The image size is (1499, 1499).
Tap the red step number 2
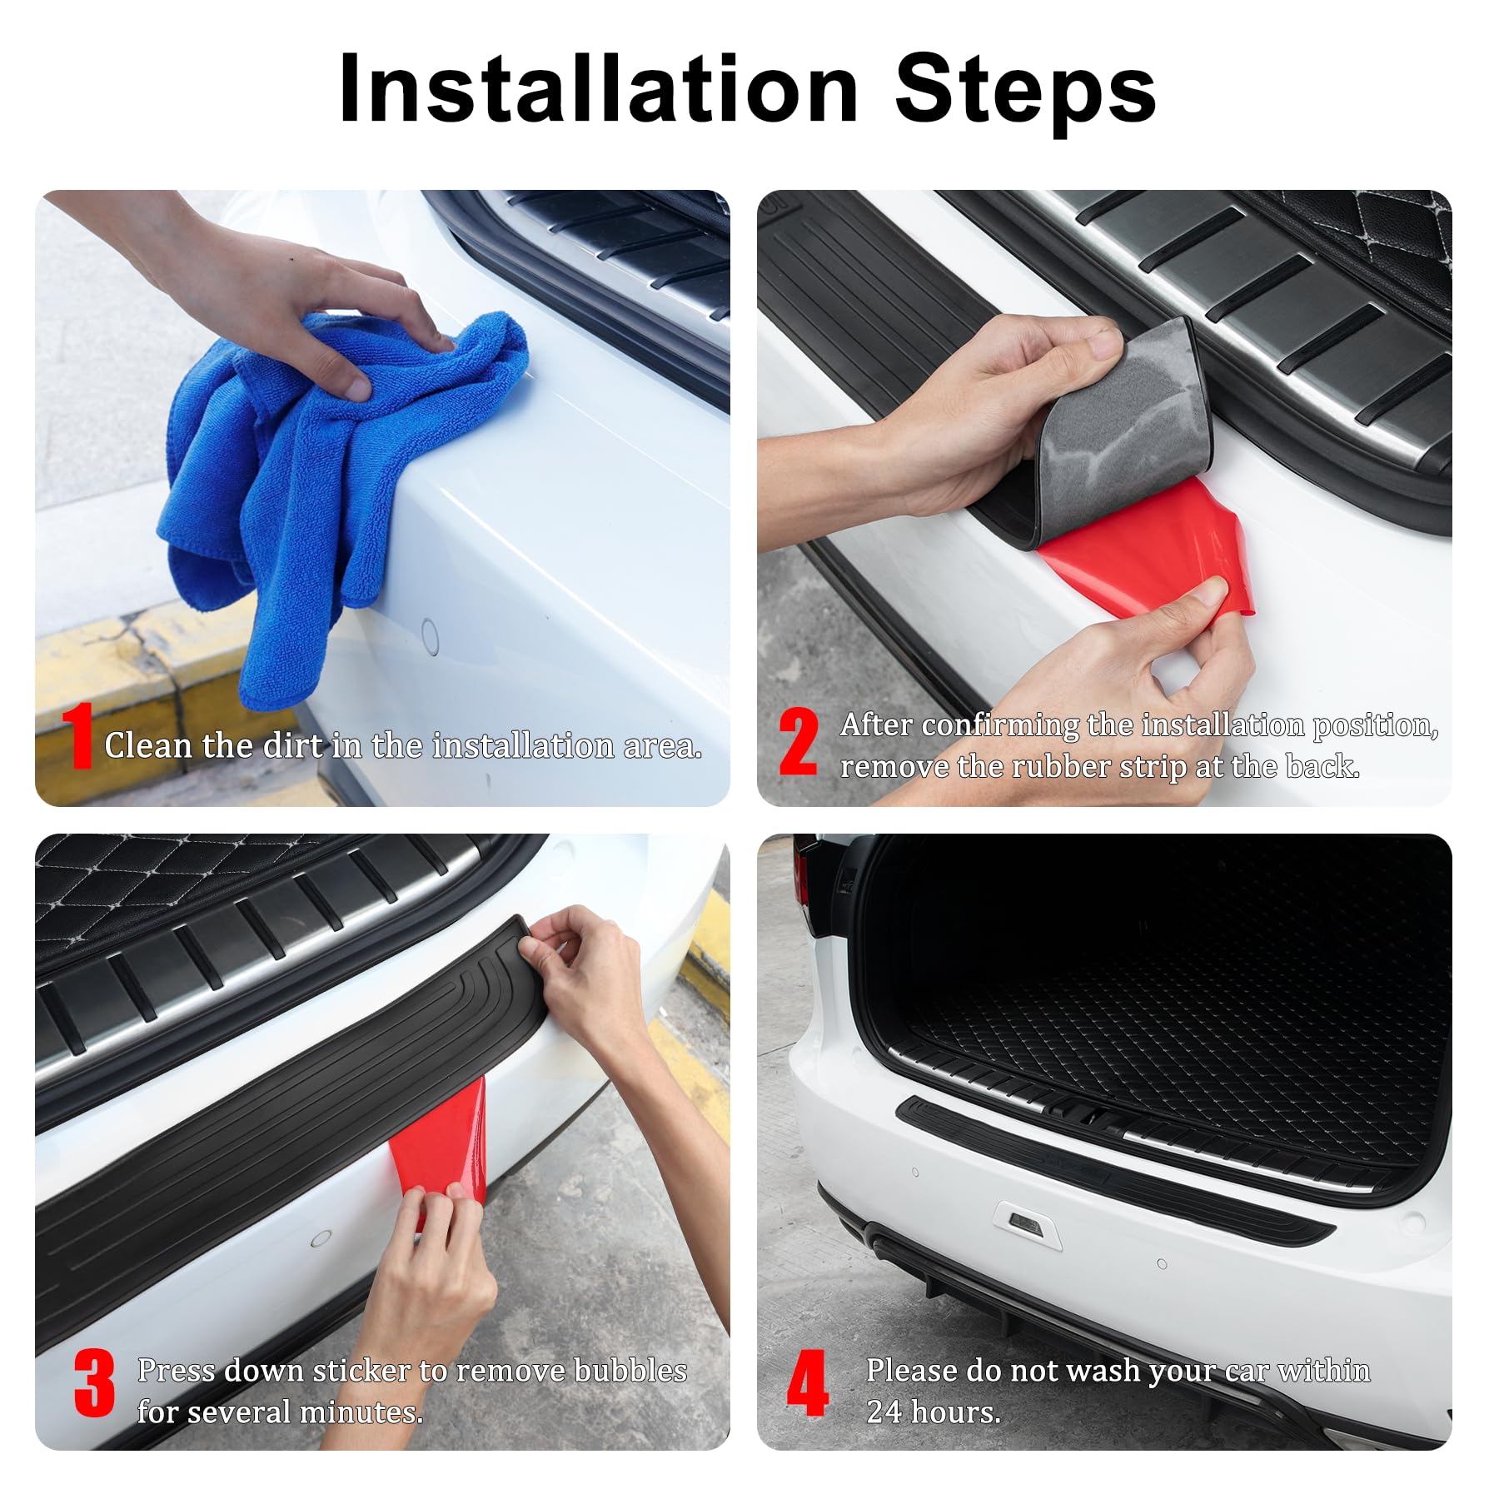pyautogui.click(x=798, y=741)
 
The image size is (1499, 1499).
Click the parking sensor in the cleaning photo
pyautogui.click(x=430, y=637)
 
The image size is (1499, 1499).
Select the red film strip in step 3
pyautogui.click(x=441, y=1149)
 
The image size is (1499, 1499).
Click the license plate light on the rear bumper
pyautogui.click(x=1023, y=1220)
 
